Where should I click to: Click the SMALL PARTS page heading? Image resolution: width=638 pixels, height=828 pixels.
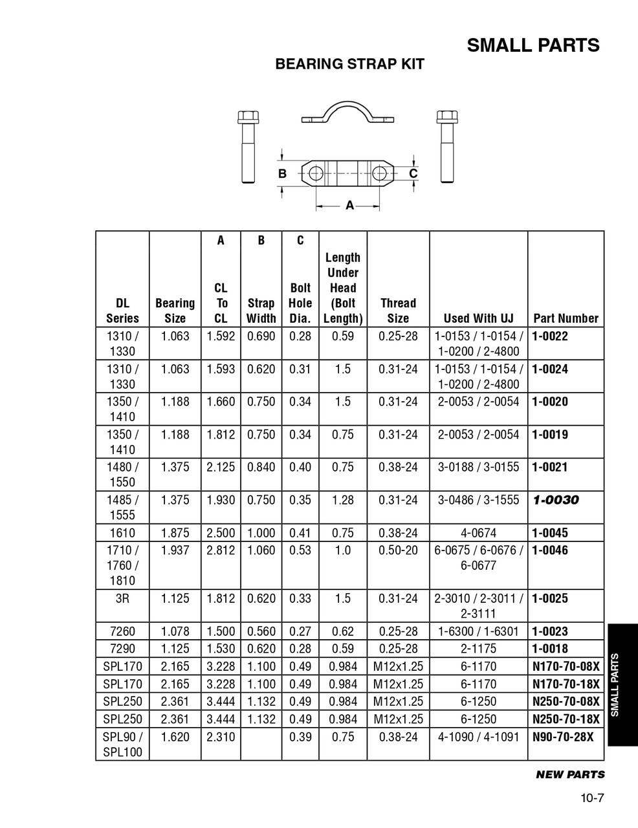[533, 45]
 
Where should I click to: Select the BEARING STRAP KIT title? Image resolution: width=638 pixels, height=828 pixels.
[349, 64]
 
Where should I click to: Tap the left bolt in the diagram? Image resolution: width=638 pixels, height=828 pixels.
[247, 147]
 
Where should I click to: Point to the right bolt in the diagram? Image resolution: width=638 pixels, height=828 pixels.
[445, 147]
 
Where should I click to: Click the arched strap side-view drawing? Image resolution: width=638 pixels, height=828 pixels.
[347, 113]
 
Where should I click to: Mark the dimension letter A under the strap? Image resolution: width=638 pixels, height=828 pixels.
[349, 206]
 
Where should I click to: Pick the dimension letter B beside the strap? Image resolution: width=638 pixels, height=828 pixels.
[282, 174]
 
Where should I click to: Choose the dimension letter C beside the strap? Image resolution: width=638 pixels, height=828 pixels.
[413, 173]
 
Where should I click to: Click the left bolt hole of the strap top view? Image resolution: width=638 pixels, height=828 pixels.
[316, 173]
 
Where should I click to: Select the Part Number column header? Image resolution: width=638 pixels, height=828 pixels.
[566, 318]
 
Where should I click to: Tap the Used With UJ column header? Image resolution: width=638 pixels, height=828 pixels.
[478, 318]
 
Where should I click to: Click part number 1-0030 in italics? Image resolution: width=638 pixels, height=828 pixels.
[556, 500]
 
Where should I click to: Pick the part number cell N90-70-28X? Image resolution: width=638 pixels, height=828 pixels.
[562, 737]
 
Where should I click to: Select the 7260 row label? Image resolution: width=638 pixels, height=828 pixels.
[122, 631]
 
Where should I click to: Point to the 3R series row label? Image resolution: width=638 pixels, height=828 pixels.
[122, 598]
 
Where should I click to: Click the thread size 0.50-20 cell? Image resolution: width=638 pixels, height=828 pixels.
[398, 550]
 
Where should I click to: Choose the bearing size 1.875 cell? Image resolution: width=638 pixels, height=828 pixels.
[175, 533]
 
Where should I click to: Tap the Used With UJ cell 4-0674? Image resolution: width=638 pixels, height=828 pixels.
[478, 533]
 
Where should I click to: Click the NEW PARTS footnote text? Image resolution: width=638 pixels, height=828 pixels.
[570, 774]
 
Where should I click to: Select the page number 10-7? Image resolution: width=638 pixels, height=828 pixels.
[591, 798]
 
